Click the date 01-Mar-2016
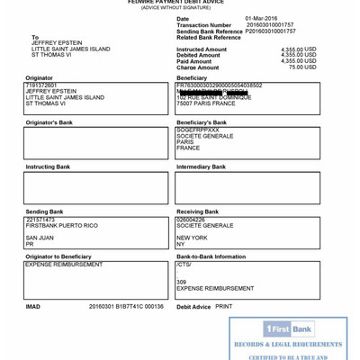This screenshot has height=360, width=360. (x=261, y=18)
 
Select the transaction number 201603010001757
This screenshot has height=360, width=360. (x=269, y=24)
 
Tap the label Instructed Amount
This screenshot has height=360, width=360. (x=202, y=49)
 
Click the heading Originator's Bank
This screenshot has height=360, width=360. (x=49, y=122)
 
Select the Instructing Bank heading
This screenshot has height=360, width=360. (x=48, y=166)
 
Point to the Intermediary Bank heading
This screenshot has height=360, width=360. (x=201, y=166)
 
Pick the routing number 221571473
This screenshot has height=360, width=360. (x=40, y=220)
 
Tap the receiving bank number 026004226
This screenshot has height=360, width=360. (x=191, y=220)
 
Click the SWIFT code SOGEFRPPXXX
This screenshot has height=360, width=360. (x=198, y=130)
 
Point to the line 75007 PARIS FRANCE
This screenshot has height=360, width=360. (x=206, y=103)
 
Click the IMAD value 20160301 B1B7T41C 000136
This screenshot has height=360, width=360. (x=126, y=306)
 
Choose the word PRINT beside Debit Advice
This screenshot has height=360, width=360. (x=224, y=306)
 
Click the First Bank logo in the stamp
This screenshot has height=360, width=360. (x=289, y=329)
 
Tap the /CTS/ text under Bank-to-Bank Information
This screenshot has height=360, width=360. (x=184, y=265)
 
